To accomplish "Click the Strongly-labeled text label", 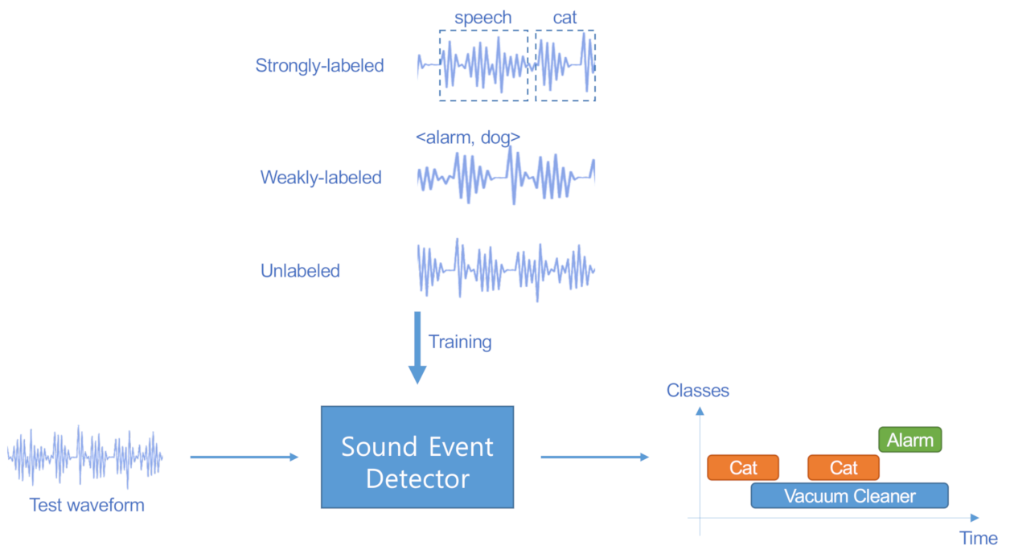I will click(x=319, y=66).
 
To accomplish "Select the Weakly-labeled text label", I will click(x=321, y=178).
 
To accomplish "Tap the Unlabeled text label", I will click(x=300, y=271).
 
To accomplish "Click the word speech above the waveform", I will click(x=482, y=18).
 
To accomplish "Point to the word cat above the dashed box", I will click(x=565, y=18).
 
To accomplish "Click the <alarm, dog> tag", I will click(x=467, y=137).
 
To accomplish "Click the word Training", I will click(x=460, y=342).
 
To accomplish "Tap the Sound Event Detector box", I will click(x=417, y=457).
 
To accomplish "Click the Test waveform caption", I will click(x=87, y=505).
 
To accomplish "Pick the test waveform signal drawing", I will click(x=85, y=457).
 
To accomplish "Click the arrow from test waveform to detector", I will click(x=244, y=457).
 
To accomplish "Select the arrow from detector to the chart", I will click(x=594, y=457).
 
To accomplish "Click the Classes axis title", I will click(x=697, y=391).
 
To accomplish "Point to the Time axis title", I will click(x=978, y=538).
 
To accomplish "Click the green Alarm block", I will click(x=909, y=440).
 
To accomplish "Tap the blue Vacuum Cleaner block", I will click(x=849, y=496).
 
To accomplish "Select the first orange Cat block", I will click(x=743, y=467).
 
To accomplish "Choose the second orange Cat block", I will click(x=844, y=467).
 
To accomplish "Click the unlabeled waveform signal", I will click(x=506, y=269).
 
